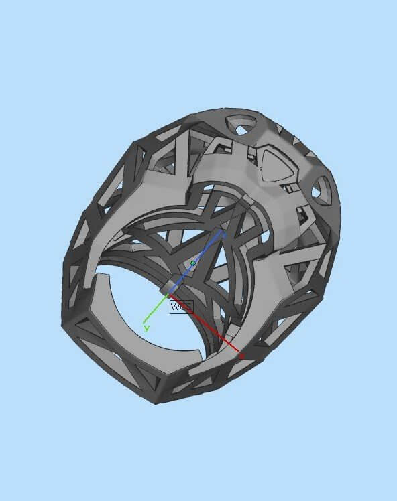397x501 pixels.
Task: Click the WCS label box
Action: [x=182, y=307]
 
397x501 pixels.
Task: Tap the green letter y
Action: [x=146, y=328]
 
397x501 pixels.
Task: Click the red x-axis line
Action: [x=208, y=324]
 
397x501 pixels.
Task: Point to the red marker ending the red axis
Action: [x=241, y=356]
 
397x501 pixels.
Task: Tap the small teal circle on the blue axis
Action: [x=193, y=263]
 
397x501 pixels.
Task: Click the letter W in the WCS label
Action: [x=176, y=307]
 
